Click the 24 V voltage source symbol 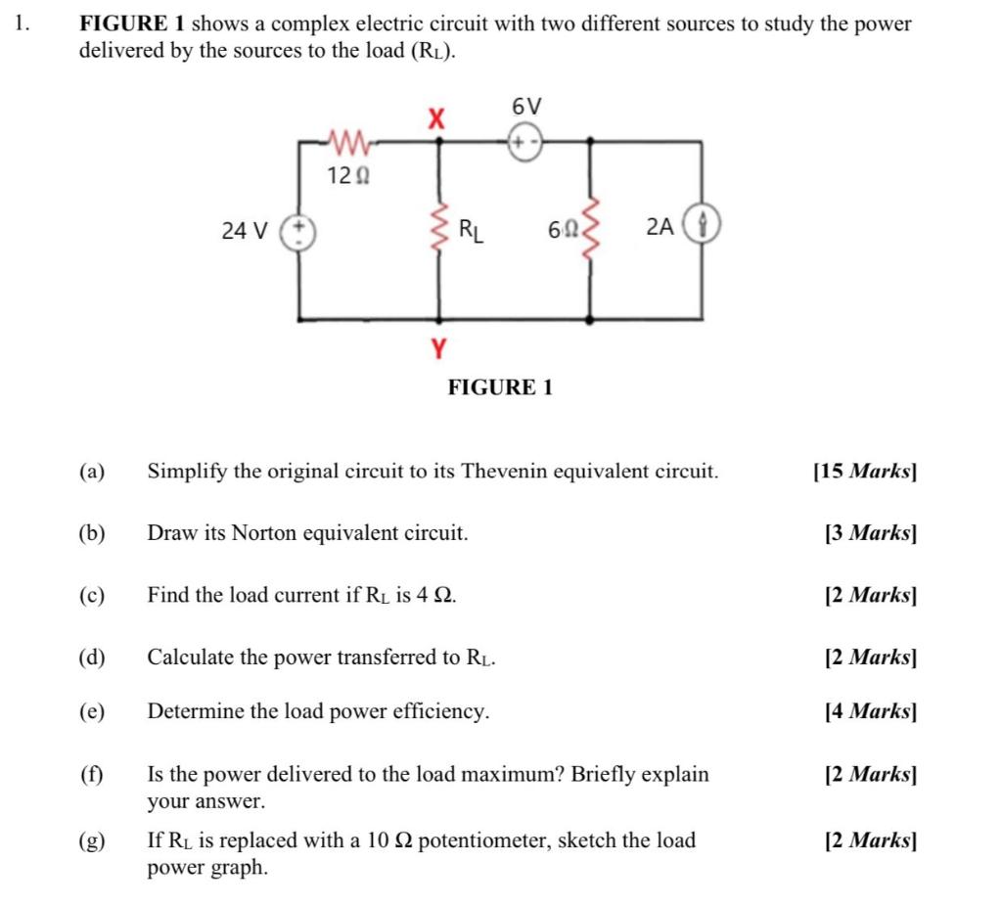[299, 231]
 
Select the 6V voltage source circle [525, 144]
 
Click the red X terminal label [436, 119]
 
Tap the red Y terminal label [438, 346]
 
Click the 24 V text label [244, 232]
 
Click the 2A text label [660, 227]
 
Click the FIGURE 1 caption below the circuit [500, 387]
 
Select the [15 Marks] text [864, 472]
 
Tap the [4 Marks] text [870, 711]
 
